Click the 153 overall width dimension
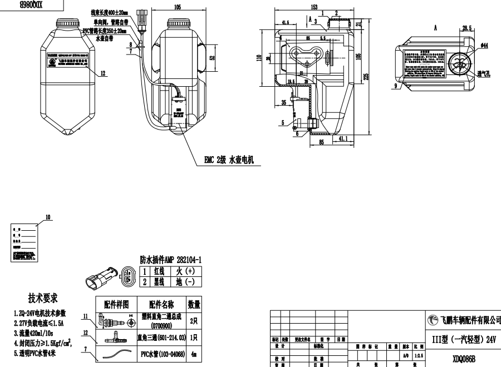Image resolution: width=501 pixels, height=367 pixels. (315, 7)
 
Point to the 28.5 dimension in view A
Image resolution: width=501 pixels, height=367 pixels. (466, 27)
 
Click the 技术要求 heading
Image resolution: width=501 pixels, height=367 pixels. (43, 299)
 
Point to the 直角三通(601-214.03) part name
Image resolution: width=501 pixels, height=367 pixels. (161, 338)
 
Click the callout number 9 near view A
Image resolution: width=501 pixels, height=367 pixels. (395, 86)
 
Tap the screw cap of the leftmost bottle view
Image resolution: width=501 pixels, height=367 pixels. (67, 22)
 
